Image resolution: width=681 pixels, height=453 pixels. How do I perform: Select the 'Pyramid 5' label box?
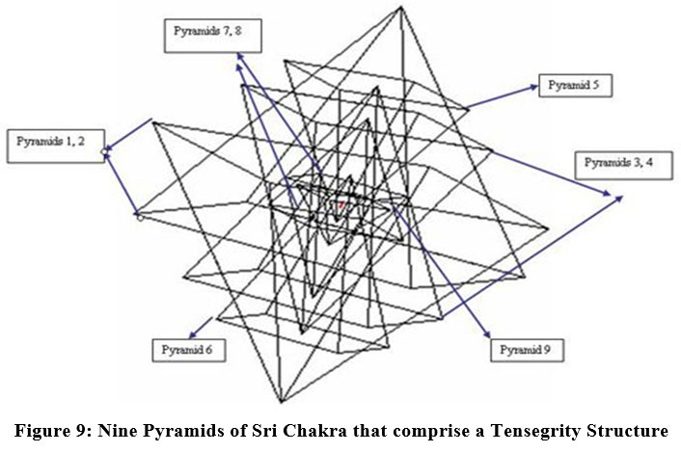point(574,85)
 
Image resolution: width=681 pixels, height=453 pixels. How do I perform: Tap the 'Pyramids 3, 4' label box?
point(622,163)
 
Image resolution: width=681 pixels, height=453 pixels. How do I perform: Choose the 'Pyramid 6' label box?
point(188,350)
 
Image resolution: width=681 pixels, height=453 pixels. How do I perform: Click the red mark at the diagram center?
point(340,205)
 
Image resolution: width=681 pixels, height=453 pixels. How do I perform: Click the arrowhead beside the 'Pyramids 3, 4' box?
point(613,196)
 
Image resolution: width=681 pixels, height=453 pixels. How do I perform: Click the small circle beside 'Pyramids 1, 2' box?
point(105,152)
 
